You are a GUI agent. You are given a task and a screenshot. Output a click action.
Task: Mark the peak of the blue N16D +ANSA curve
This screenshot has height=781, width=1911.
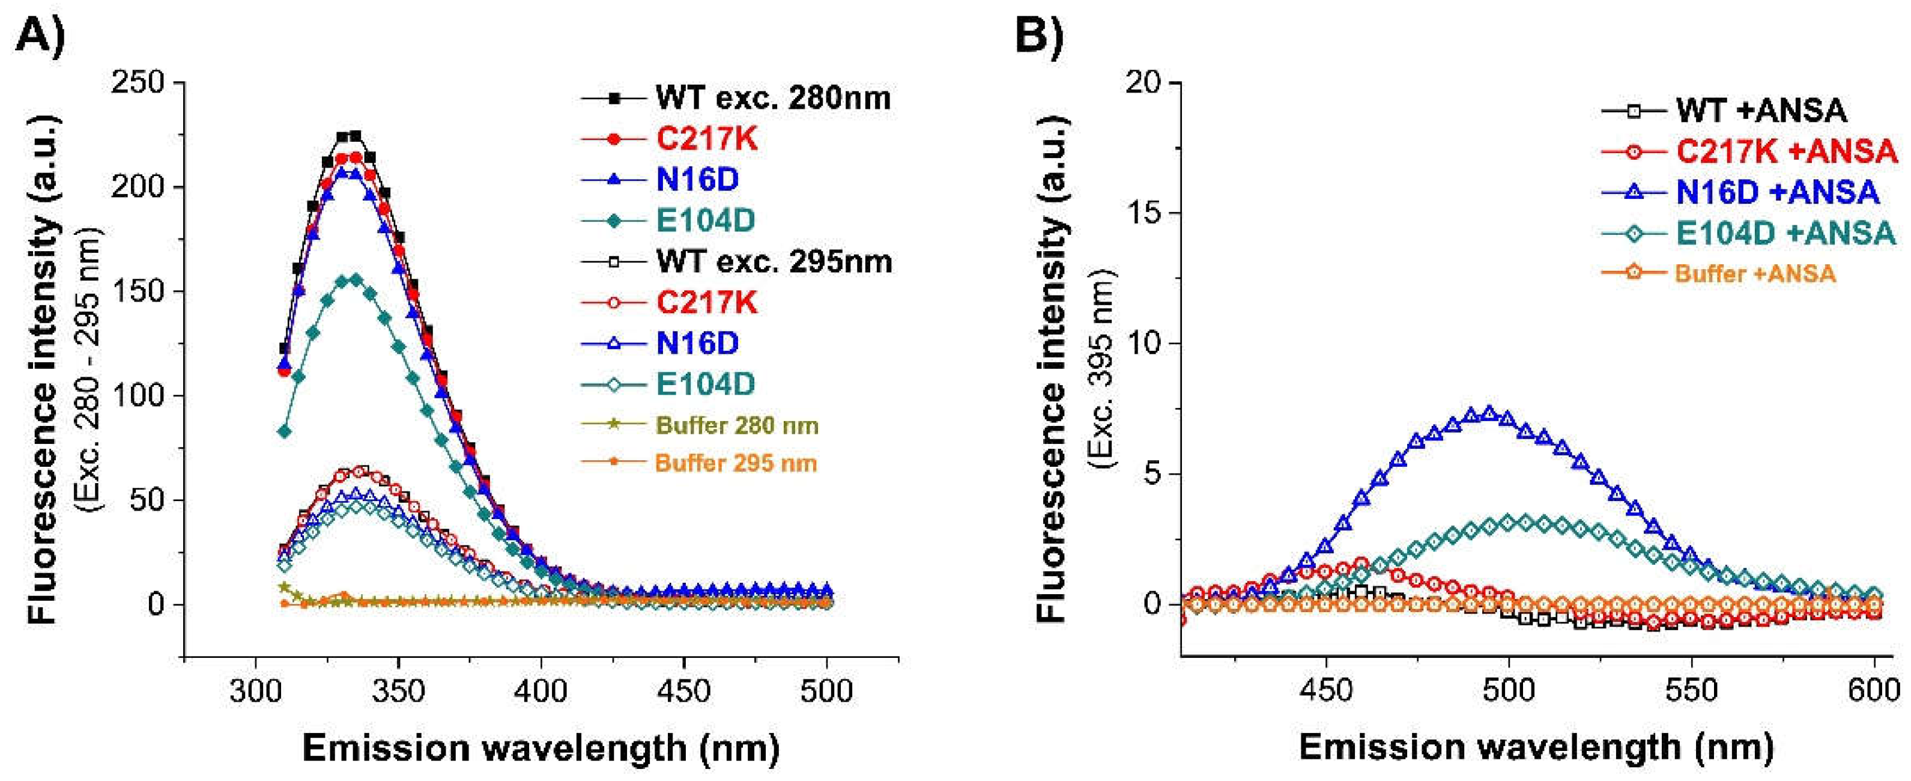point(1489,413)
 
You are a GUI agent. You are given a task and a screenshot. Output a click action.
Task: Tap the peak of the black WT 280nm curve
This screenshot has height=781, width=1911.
point(349,136)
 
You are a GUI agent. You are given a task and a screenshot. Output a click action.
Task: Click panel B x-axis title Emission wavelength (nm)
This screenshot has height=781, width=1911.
point(1536,747)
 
